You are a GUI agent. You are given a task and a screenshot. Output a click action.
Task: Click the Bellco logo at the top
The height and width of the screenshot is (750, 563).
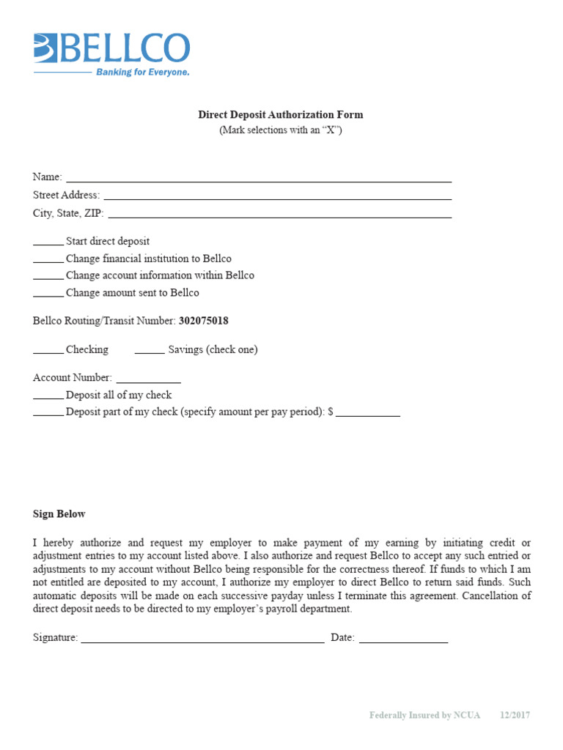pyautogui.click(x=111, y=48)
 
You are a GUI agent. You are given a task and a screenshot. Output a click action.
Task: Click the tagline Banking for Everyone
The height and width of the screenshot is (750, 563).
pyautogui.click(x=143, y=73)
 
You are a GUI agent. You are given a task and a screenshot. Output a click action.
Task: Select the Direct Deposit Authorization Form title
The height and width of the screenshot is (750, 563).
pyautogui.click(x=281, y=115)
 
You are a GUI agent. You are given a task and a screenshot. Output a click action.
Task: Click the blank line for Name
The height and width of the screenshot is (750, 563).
pyautogui.click(x=259, y=179)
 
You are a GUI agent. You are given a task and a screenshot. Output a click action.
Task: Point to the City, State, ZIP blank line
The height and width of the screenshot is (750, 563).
pyautogui.click(x=279, y=215)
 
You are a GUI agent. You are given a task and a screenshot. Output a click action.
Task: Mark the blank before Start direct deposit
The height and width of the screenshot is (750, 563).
pyautogui.click(x=48, y=242)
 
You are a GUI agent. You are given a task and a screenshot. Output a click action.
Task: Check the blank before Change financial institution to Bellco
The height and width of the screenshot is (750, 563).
pyautogui.click(x=48, y=260)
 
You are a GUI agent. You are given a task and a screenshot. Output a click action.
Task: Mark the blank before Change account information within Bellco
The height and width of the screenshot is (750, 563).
pyautogui.click(x=48, y=277)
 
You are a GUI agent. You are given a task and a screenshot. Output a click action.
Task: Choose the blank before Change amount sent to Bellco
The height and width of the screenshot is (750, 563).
pyautogui.click(x=48, y=294)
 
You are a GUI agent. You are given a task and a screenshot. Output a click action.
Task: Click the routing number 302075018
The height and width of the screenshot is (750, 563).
pyautogui.click(x=209, y=321)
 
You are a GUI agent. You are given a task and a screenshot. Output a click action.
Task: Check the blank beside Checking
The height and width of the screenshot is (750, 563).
pyautogui.click(x=48, y=351)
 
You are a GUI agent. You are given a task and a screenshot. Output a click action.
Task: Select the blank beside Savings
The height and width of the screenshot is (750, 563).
pyautogui.click(x=150, y=351)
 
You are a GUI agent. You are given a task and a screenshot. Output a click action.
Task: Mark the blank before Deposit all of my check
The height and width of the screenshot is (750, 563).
pyautogui.click(x=48, y=396)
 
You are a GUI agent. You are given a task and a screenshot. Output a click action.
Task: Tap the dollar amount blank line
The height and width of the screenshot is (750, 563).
pyautogui.click(x=368, y=414)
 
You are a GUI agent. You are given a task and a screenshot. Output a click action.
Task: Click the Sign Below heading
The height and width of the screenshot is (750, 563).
pyautogui.click(x=59, y=514)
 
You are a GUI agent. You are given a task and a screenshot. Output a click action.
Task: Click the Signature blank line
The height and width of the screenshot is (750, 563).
pyautogui.click(x=202, y=640)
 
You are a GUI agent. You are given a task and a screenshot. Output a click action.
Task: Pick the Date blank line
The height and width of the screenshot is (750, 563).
pyautogui.click(x=403, y=640)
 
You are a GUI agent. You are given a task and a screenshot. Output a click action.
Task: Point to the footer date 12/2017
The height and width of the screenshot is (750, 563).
pyautogui.click(x=515, y=715)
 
